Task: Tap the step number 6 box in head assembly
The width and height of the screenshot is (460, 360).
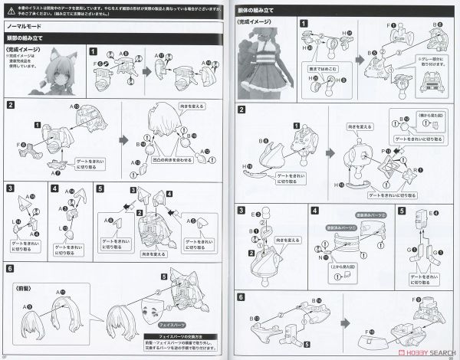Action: point(10,269)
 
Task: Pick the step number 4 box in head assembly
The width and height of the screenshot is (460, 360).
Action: point(55,187)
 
